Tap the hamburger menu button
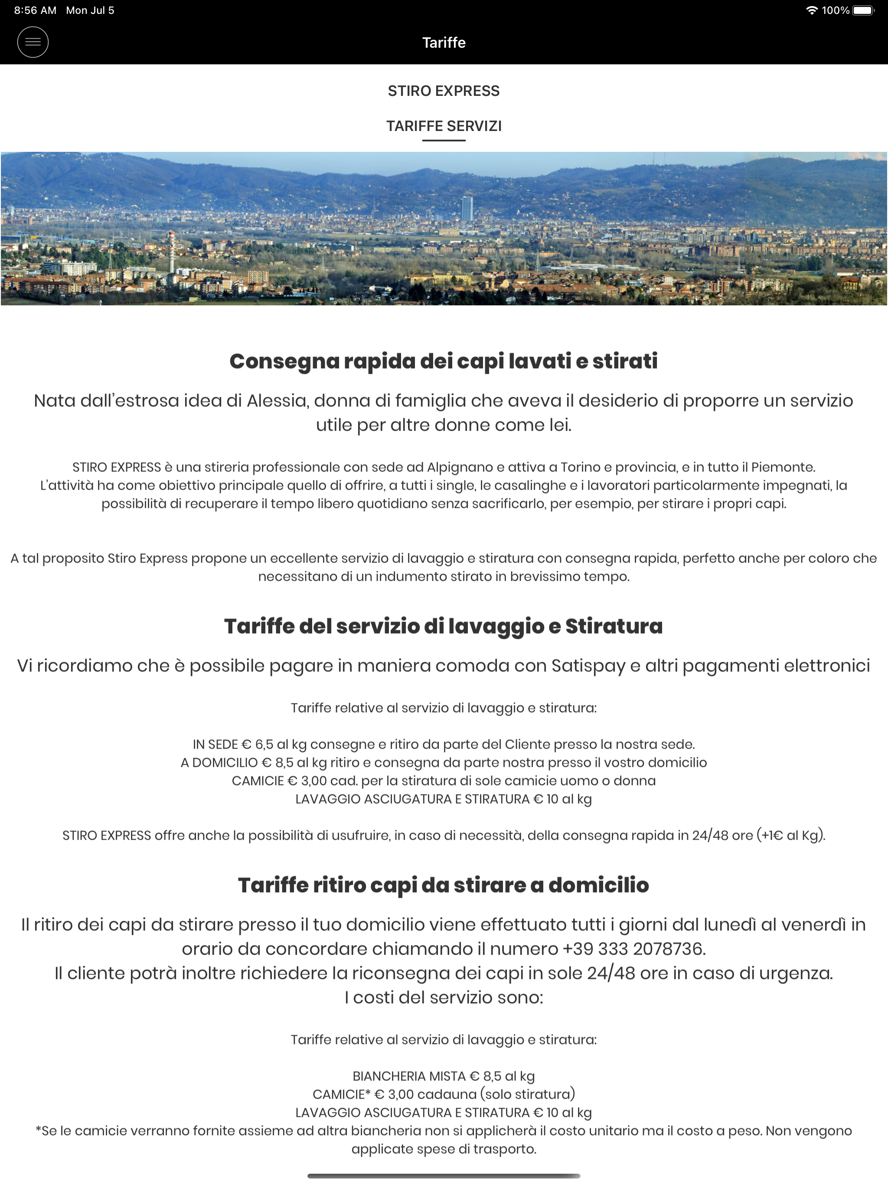[33, 43]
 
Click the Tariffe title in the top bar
[444, 43]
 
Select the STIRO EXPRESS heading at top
[444, 91]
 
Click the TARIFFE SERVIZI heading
[444, 126]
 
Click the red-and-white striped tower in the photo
[171, 251]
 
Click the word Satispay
[588, 666]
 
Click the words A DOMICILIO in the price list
[219, 763]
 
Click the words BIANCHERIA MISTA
[409, 1076]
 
